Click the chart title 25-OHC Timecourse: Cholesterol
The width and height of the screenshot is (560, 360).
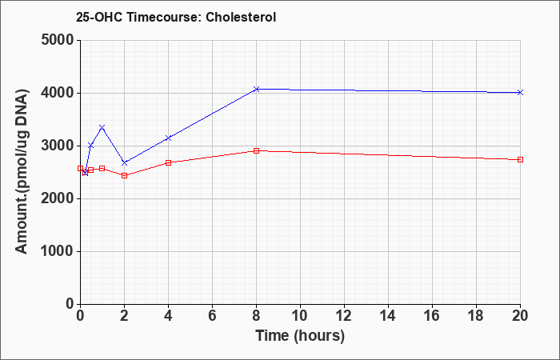tap(176, 17)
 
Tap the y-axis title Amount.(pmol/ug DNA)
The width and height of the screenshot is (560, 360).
tap(22, 172)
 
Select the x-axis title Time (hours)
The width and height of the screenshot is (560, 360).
tap(300, 336)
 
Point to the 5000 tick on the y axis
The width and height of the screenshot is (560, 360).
tap(58, 40)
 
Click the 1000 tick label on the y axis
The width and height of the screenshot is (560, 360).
tap(58, 251)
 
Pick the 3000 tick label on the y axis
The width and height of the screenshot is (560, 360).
tap(58, 146)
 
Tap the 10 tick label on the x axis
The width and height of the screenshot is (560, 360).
tap(300, 316)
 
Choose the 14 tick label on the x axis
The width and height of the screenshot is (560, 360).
tap(388, 316)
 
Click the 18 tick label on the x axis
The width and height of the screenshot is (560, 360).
tap(476, 316)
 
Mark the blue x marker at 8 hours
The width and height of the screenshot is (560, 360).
tap(256, 89)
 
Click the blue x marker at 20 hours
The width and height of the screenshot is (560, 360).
tap(520, 92)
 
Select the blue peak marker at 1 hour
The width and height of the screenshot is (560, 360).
tap(102, 127)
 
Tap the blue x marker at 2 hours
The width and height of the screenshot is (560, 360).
tap(124, 163)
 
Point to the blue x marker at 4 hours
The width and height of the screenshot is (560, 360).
tap(168, 138)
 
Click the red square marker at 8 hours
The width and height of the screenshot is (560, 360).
tap(256, 150)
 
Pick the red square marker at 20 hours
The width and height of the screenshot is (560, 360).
tap(520, 160)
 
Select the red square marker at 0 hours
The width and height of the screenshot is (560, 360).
tap(80, 168)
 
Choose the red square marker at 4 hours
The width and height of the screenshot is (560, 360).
tap(168, 162)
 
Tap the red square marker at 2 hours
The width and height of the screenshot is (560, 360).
tap(124, 175)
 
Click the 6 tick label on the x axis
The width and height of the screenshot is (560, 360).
tap(212, 316)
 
